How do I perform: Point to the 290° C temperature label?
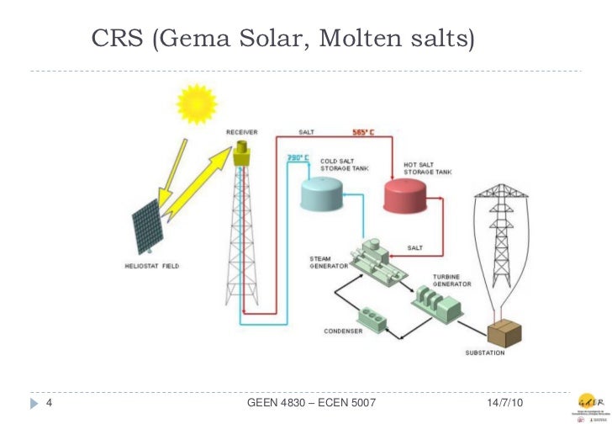[298, 158]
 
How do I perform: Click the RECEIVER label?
[241, 132]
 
